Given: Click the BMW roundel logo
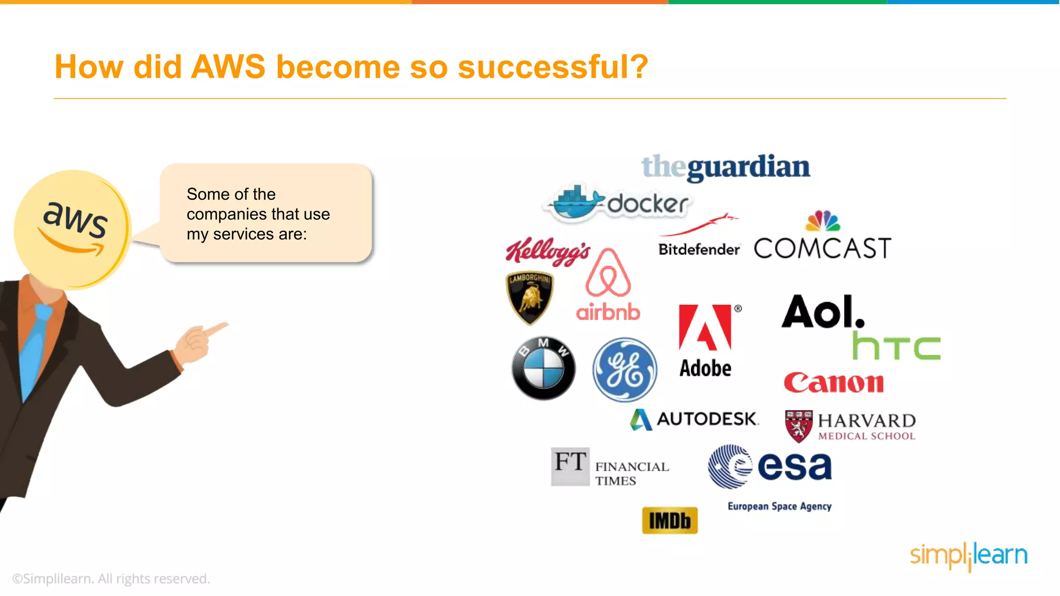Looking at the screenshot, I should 543,368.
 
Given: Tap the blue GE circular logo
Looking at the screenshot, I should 625,369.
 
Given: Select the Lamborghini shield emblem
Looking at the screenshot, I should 529,297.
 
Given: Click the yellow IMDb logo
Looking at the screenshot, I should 670,520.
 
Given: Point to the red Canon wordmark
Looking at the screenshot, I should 833,383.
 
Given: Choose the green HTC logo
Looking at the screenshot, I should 896,346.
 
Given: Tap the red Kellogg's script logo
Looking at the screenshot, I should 548,251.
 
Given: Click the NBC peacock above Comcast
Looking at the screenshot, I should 823,221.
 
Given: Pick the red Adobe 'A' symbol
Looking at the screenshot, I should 705,327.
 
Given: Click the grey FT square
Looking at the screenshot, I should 570,466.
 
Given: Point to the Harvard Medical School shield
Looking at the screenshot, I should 799,426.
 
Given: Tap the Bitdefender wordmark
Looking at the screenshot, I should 699,249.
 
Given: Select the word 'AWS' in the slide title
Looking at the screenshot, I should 228,67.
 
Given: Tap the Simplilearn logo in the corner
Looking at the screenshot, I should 968,556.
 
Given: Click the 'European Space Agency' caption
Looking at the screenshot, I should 779,506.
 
